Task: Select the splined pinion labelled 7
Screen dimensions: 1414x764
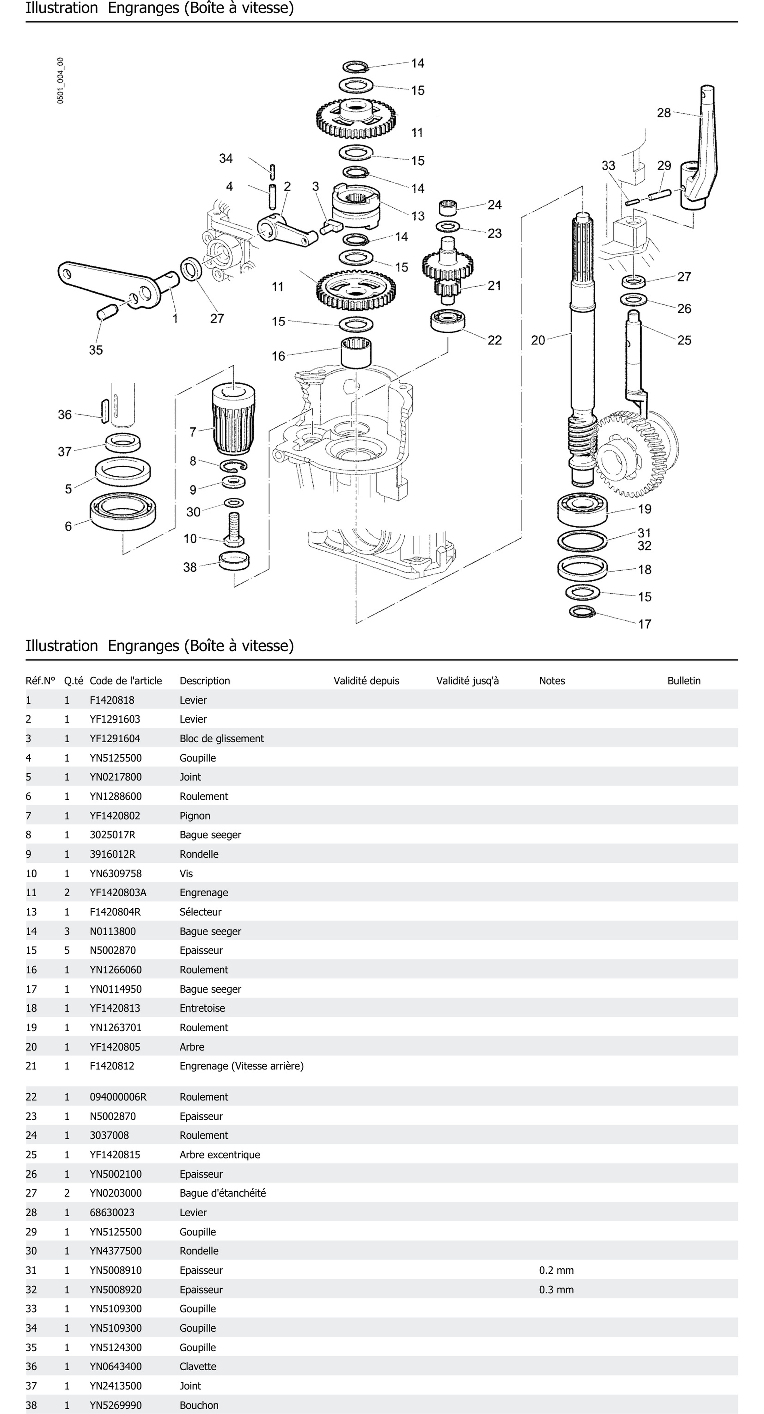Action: (233, 420)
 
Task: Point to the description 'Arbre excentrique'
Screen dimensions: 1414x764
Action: (220, 1154)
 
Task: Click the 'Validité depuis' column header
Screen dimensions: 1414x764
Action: (366, 681)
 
